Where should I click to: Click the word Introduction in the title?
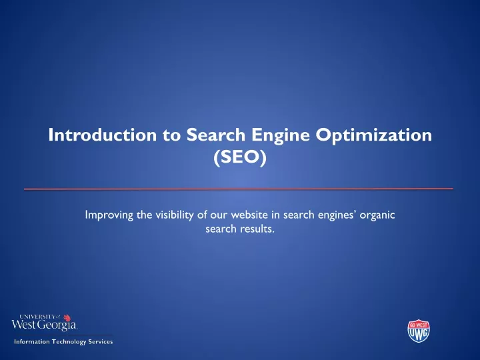(x=102, y=135)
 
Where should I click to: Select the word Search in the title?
(x=216, y=135)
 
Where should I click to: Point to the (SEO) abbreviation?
(x=240, y=157)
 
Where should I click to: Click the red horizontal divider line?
(x=239, y=189)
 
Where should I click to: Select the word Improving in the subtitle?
(x=109, y=215)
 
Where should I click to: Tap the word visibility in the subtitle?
(x=175, y=215)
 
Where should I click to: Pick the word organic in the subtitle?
(x=377, y=215)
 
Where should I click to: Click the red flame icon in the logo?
(x=67, y=318)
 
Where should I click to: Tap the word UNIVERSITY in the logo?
(x=37, y=317)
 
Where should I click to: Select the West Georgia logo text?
(x=44, y=325)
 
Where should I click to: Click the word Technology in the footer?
(x=69, y=342)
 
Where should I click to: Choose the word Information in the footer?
(x=32, y=341)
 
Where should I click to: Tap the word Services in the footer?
(x=101, y=341)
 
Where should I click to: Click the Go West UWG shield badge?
(x=419, y=331)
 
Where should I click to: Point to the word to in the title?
(x=171, y=135)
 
